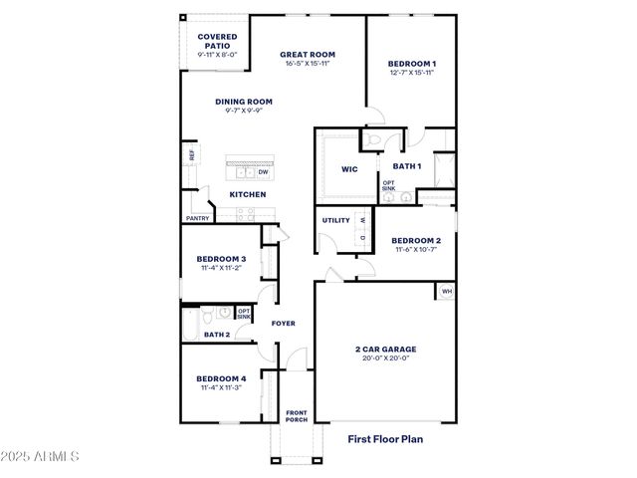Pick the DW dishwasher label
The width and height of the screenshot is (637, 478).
click(x=264, y=171)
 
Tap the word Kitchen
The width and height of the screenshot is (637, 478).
click(x=248, y=194)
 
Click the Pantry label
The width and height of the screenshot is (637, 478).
click(x=197, y=218)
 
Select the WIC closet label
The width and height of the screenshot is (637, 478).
click(x=348, y=168)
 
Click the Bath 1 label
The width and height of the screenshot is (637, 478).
click(x=406, y=165)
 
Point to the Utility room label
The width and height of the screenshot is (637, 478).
click(x=335, y=220)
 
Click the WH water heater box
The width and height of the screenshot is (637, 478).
click(x=446, y=292)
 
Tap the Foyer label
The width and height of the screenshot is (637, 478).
click(x=284, y=324)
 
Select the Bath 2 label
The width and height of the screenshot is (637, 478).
click(x=217, y=335)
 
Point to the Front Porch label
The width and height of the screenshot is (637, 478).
click(x=297, y=415)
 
